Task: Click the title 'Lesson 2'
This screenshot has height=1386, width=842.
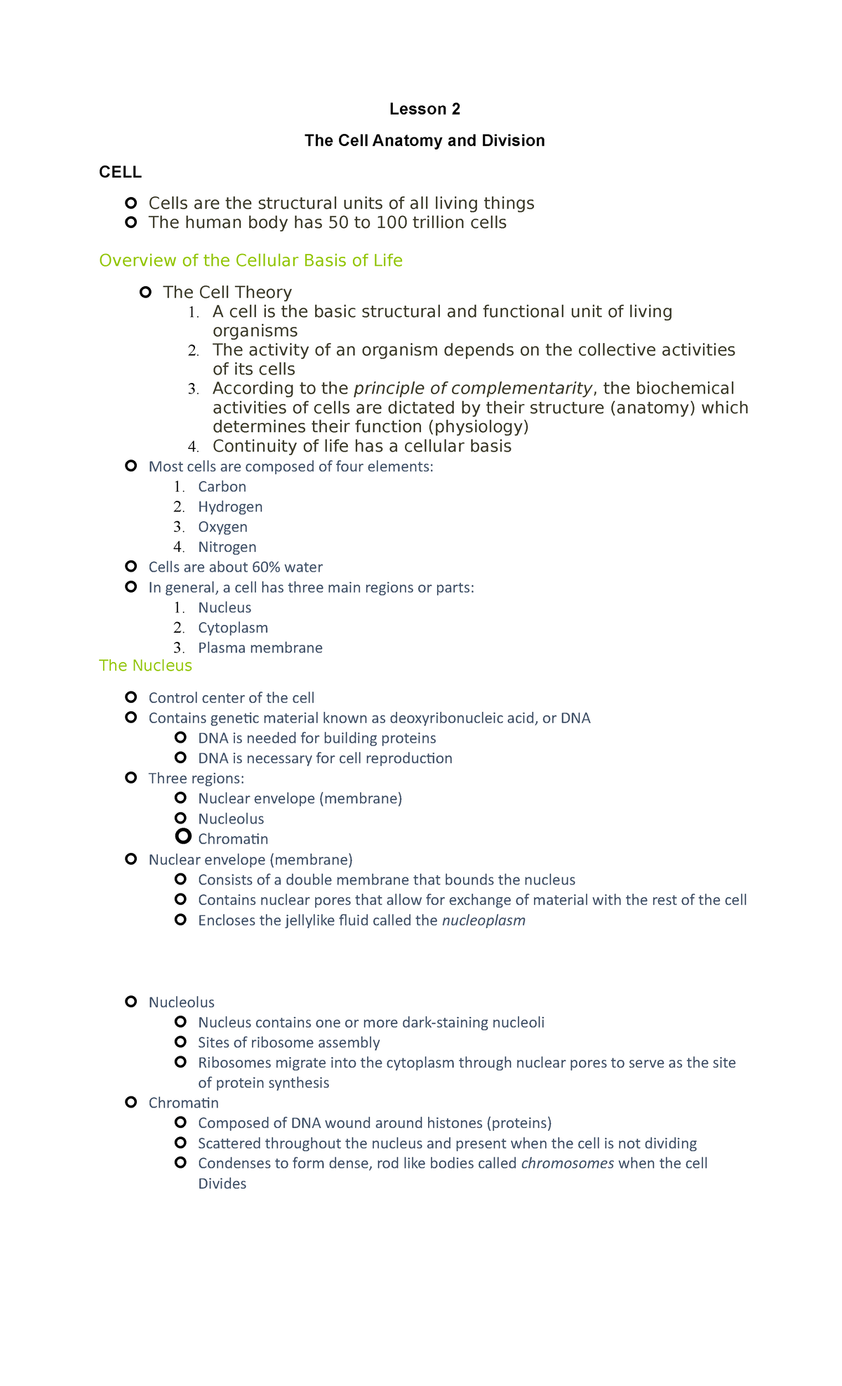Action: [x=425, y=109]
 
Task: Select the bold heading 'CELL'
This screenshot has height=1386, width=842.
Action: [x=120, y=173]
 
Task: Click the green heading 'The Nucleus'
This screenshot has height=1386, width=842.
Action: [x=145, y=666]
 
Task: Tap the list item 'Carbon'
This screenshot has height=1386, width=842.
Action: [x=222, y=487]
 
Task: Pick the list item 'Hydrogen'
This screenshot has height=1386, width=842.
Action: [x=230, y=507]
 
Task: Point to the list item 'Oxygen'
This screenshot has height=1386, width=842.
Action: [x=222, y=527]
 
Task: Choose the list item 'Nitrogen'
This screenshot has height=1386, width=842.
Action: [x=227, y=547]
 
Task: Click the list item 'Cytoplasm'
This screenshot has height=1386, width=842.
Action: [x=232, y=628]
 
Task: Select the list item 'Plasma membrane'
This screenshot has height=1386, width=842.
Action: [x=260, y=648]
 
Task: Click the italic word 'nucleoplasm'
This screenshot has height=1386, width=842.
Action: [x=483, y=920]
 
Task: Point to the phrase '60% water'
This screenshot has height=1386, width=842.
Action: [x=287, y=567]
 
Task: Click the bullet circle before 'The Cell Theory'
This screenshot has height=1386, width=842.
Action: [x=145, y=292]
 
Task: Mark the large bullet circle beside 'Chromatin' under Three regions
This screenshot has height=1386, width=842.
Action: [x=183, y=836]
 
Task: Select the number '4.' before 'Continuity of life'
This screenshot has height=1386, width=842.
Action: [x=194, y=447]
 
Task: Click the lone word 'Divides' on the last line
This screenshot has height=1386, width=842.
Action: [x=222, y=1184]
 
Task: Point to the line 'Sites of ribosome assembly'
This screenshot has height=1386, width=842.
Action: [x=288, y=1042]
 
